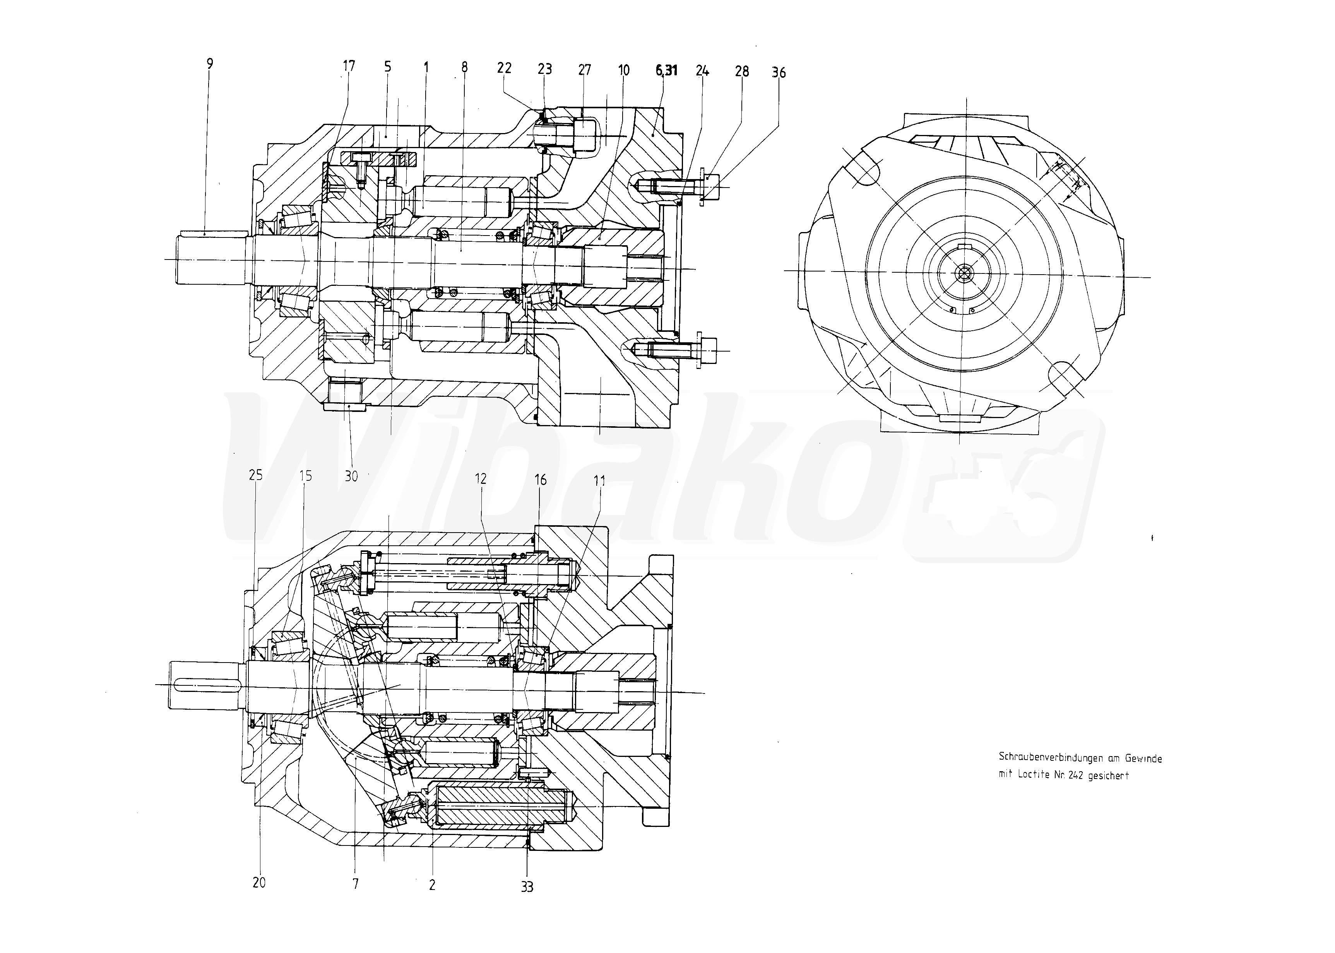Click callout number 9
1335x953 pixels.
(x=210, y=64)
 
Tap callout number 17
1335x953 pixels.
(x=349, y=66)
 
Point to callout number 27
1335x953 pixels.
(x=584, y=70)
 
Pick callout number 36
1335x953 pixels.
(x=779, y=73)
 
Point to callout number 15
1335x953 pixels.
(x=306, y=475)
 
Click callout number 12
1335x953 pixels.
(x=481, y=479)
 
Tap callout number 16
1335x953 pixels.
(x=540, y=480)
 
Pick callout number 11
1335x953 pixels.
(x=599, y=481)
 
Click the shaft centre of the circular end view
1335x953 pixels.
(x=964, y=273)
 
